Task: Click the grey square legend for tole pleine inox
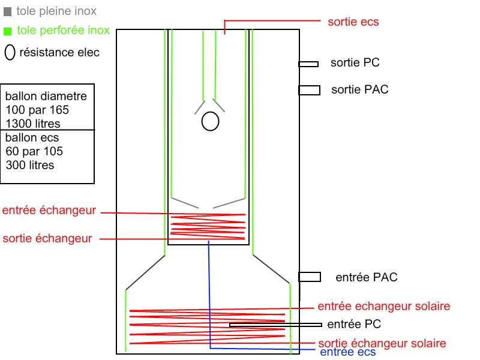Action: tap(7, 11)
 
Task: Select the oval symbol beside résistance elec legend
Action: tap(10, 52)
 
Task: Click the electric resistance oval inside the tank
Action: tap(210, 121)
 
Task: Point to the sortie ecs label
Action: tap(353, 22)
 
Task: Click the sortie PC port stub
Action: tap(308, 64)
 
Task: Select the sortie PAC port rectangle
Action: tap(309, 90)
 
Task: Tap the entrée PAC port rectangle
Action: tap(309, 277)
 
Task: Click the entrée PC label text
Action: tap(354, 325)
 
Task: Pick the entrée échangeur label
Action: tap(49, 211)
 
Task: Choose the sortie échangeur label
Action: tap(47, 238)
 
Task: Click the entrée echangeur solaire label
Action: tap(383, 306)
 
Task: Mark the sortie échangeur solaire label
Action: tap(382, 343)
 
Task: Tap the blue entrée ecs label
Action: tap(348, 352)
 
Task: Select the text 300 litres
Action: tap(29, 165)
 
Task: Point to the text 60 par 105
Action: tap(34, 151)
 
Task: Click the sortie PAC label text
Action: tap(360, 89)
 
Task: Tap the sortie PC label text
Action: tap(355, 62)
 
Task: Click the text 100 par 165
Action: tap(37, 110)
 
